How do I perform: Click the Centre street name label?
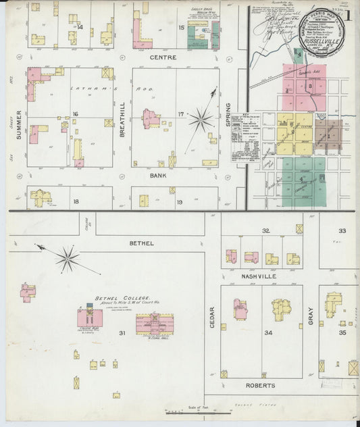click(x=163, y=57)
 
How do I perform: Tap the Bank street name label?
click(x=158, y=174)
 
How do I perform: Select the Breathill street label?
click(x=122, y=125)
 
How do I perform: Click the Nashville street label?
click(x=261, y=276)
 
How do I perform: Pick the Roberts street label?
click(x=261, y=386)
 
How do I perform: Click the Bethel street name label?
click(x=143, y=243)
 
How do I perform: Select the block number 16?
click(x=76, y=114)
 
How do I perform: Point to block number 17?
click(x=180, y=114)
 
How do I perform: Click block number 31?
click(x=122, y=333)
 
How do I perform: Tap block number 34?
click(x=268, y=332)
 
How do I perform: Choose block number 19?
click(x=180, y=202)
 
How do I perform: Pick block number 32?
click(x=266, y=231)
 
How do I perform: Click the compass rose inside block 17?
click(x=201, y=120)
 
